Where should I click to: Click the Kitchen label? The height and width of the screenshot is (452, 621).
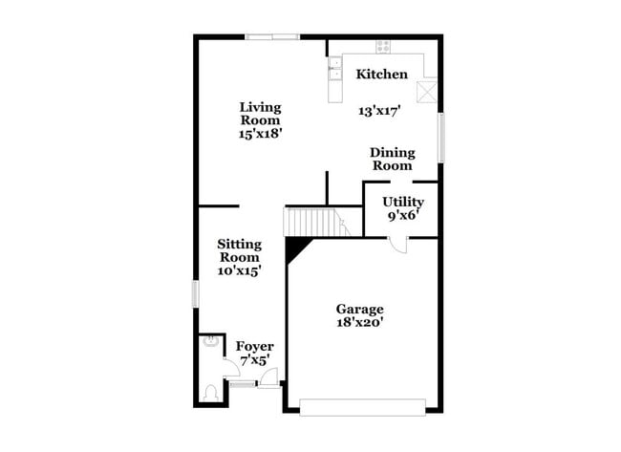click(382, 75)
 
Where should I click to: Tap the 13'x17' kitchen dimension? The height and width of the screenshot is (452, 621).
click(379, 111)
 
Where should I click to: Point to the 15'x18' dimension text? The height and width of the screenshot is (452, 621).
click(260, 134)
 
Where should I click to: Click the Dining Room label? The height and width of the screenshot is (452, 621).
click(391, 159)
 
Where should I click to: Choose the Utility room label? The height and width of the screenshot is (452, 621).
click(403, 202)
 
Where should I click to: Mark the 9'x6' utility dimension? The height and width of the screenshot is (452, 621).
click(403, 216)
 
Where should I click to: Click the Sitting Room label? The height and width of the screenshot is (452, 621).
click(239, 250)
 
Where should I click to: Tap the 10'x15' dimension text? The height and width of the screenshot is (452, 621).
click(239, 270)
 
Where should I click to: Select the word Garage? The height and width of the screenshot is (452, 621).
click(359, 309)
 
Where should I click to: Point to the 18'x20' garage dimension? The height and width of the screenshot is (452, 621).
click(359, 323)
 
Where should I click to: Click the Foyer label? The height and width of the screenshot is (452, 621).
click(255, 346)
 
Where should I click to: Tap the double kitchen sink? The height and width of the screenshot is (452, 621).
click(335, 69)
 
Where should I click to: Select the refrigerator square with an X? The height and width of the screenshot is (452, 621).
click(428, 91)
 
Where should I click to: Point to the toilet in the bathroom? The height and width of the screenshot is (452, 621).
click(211, 391)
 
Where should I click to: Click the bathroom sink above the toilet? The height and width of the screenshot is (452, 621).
click(208, 344)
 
